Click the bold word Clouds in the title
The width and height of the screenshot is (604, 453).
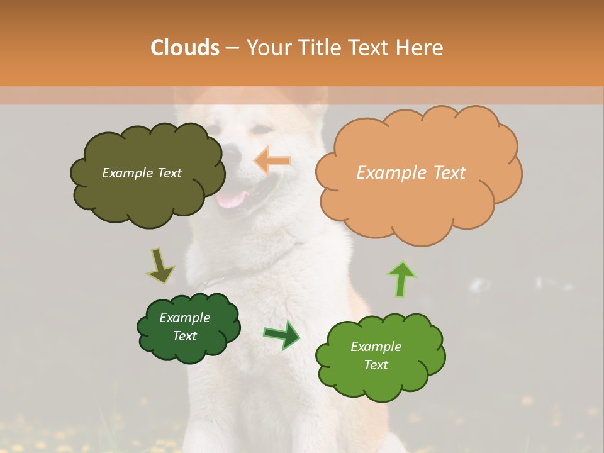point(185,47)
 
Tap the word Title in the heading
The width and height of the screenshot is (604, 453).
point(321,47)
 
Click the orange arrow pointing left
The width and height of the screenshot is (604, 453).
point(272,161)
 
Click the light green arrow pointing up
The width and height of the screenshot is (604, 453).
point(402,278)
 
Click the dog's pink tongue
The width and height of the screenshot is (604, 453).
point(232,200)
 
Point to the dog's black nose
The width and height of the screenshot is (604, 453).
point(232,154)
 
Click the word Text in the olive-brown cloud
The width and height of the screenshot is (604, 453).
point(168,173)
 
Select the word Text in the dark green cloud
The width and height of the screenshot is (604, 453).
point(185,336)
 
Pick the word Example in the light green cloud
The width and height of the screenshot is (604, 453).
point(376,347)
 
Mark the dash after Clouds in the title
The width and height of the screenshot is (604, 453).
point(232,48)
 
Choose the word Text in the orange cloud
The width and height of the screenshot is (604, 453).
point(449,173)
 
